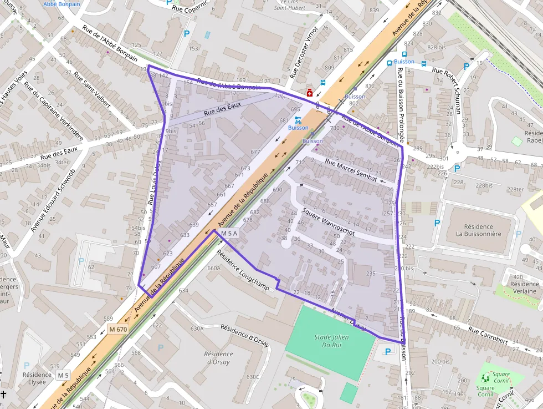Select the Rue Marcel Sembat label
pos(351,170)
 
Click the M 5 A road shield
pos(229,234)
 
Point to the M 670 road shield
pos(117,330)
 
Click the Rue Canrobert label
pos(488,336)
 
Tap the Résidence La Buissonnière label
pos(478,230)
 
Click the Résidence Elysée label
pos(37,378)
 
